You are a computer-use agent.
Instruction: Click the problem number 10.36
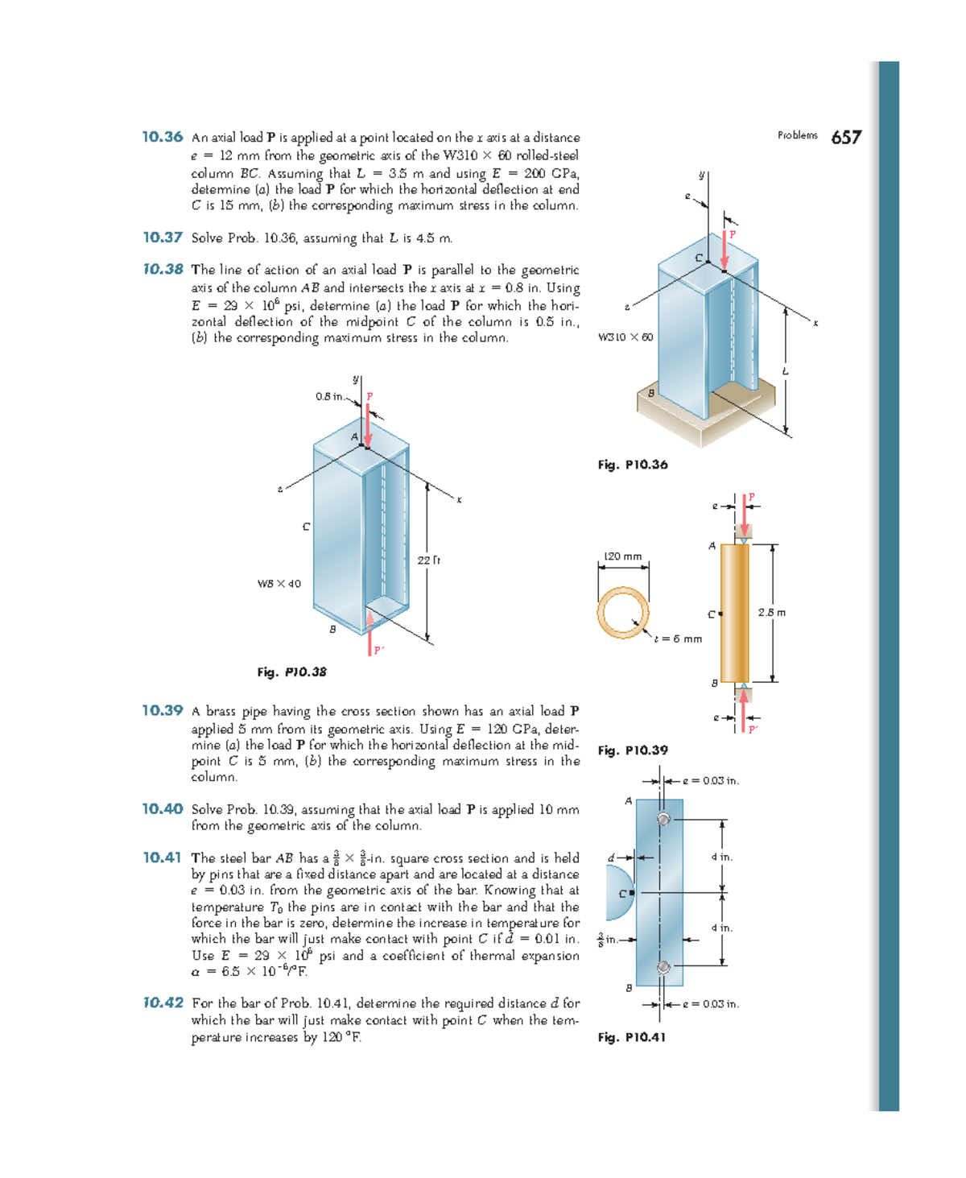163,137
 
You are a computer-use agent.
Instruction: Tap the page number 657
846,138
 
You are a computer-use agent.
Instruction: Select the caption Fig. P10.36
633,465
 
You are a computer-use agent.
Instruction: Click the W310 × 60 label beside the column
625,337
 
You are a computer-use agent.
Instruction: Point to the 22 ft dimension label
428,560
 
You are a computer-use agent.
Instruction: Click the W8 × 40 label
279,584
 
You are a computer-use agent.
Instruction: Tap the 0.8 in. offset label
330,396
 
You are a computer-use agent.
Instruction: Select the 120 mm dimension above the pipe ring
623,556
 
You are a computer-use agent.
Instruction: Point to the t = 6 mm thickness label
678,639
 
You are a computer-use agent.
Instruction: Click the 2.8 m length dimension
771,612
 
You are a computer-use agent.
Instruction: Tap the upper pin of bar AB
663,819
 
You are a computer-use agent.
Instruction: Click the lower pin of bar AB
663,967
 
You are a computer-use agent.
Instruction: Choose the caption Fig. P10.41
632,1037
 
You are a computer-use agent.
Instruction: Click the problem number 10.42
163,1002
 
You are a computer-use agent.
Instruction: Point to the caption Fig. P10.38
291,672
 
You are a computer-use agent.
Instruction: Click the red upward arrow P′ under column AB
370,633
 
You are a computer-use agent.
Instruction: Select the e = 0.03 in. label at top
711,780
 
